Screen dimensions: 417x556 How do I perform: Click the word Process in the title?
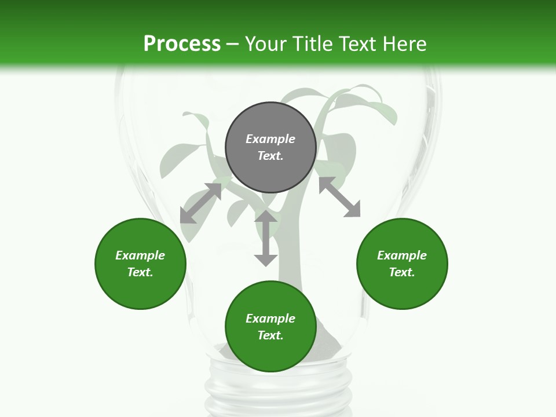pyautogui.click(x=182, y=44)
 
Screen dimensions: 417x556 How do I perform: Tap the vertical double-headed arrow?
pyautogui.click(x=266, y=238)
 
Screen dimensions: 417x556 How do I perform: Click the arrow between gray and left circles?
pyautogui.click(x=200, y=203)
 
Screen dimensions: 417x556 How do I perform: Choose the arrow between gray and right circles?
pyautogui.click(x=340, y=197)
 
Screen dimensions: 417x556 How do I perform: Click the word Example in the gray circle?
pyautogui.click(x=270, y=139)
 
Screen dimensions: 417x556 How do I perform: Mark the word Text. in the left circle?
pyautogui.click(x=140, y=272)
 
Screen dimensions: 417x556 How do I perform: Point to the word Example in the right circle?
pyautogui.click(x=402, y=255)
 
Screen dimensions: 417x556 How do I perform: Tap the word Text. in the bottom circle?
pyautogui.click(x=270, y=335)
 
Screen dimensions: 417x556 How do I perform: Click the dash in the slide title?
pyautogui.click(x=233, y=44)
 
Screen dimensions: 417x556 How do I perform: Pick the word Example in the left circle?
pyautogui.click(x=140, y=255)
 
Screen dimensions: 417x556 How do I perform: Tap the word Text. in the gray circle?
pyautogui.click(x=270, y=156)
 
